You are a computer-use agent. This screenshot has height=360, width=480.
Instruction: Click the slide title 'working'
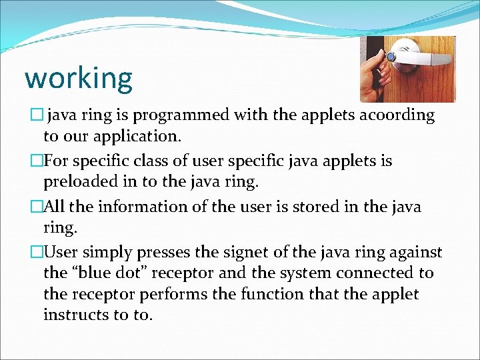point(79,78)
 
